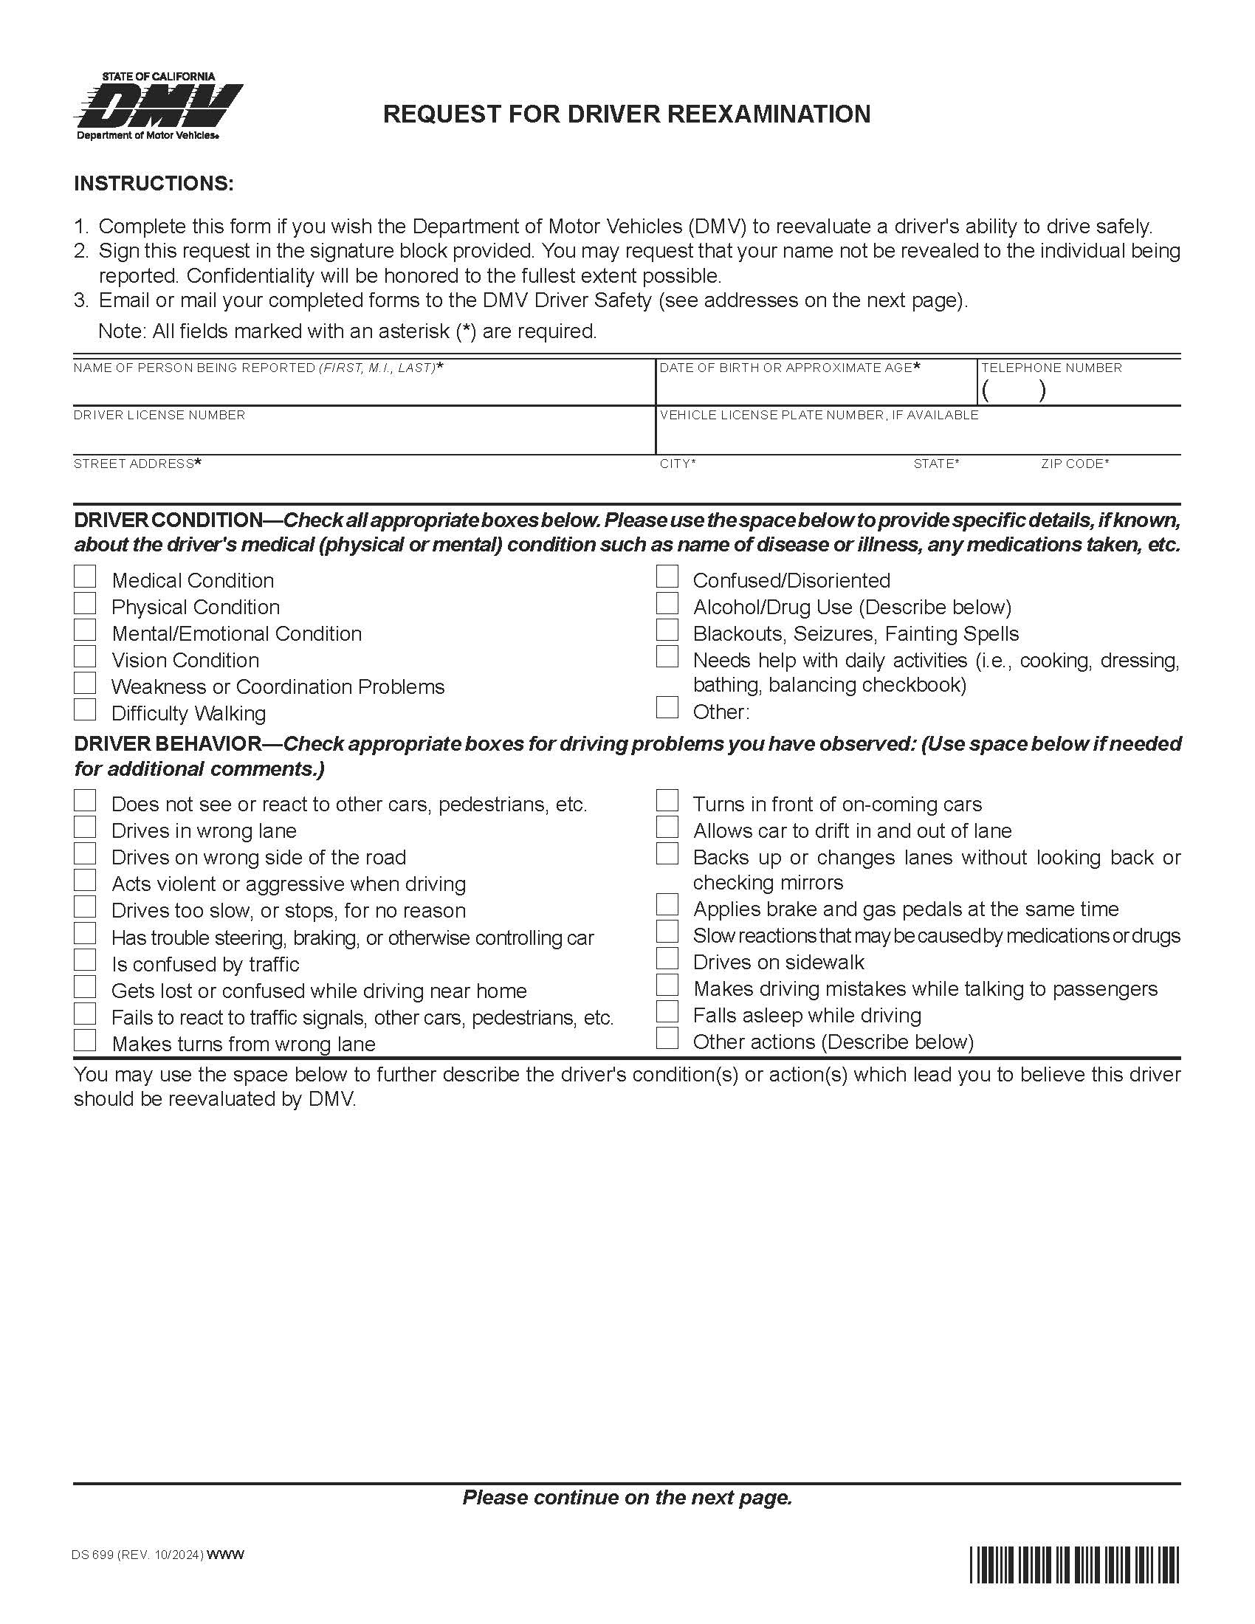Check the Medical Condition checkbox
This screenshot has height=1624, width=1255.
(x=85, y=577)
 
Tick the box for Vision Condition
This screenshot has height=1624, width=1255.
(x=85, y=656)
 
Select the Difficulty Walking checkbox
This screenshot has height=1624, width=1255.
(x=85, y=710)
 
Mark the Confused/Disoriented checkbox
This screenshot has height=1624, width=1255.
(x=667, y=577)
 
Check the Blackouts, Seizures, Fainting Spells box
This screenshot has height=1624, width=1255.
(x=667, y=630)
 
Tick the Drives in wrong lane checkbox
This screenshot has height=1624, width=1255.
(x=85, y=828)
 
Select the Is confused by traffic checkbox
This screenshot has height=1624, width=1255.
(x=85, y=960)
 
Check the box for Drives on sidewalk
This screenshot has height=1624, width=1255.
(x=667, y=959)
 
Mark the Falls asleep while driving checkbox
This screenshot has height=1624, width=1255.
(x=667, y=1013)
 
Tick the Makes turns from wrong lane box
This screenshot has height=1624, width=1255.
(x=85, y=1040)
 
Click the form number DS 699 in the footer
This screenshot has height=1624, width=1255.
(x=93, y=1555)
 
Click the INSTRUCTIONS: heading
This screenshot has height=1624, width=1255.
(x=154, y=184)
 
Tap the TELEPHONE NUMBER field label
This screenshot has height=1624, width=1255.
(x=1051, y=368)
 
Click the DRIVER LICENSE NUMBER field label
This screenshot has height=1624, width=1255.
(x=159, y=416)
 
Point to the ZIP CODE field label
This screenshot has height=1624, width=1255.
(x=1074, y=464)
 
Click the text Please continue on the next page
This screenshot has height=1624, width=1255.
(x=627, y=1497)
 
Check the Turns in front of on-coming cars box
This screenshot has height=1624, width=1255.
(x=667, y=801)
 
